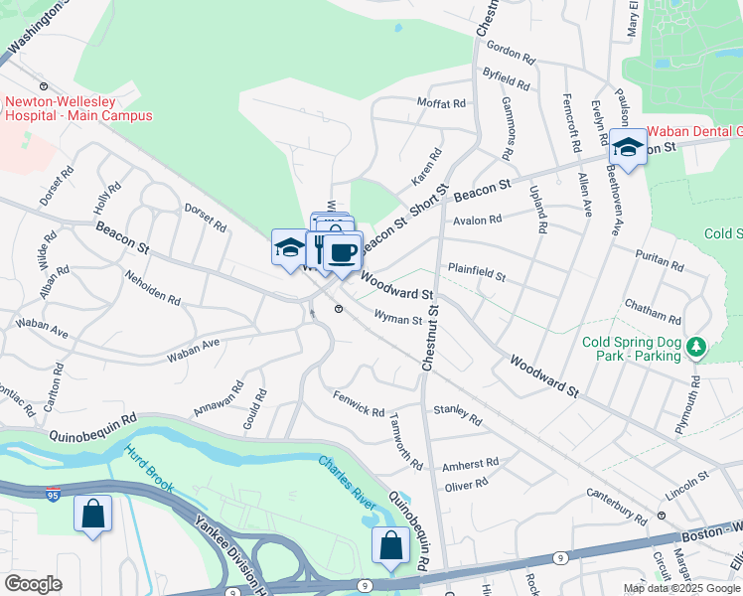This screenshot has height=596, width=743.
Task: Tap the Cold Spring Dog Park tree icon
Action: click(697, 346)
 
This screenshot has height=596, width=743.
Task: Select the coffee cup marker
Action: click(343, 252)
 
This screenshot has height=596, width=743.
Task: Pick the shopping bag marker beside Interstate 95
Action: click(92, 514)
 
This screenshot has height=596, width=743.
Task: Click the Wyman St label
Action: click(398, 318)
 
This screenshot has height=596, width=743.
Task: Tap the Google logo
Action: click(33, 583)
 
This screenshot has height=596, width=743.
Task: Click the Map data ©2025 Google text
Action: click(680, 588)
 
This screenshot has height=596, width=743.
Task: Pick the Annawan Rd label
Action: click(219, 396)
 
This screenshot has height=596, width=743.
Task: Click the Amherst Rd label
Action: click(470, 464)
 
